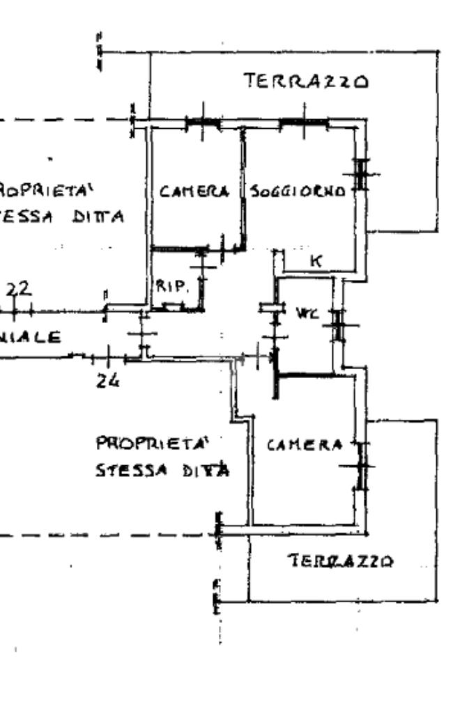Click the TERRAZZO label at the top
point(305,82)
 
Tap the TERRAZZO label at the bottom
point(341,561)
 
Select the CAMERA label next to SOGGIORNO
point(194,191)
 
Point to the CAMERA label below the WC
point(305,445)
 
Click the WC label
point(304,314)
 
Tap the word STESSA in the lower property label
point(124,470)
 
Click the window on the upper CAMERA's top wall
point(203,123)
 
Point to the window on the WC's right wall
point(338,324)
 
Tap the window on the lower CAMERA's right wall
point(361,466)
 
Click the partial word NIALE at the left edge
point(29,337)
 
